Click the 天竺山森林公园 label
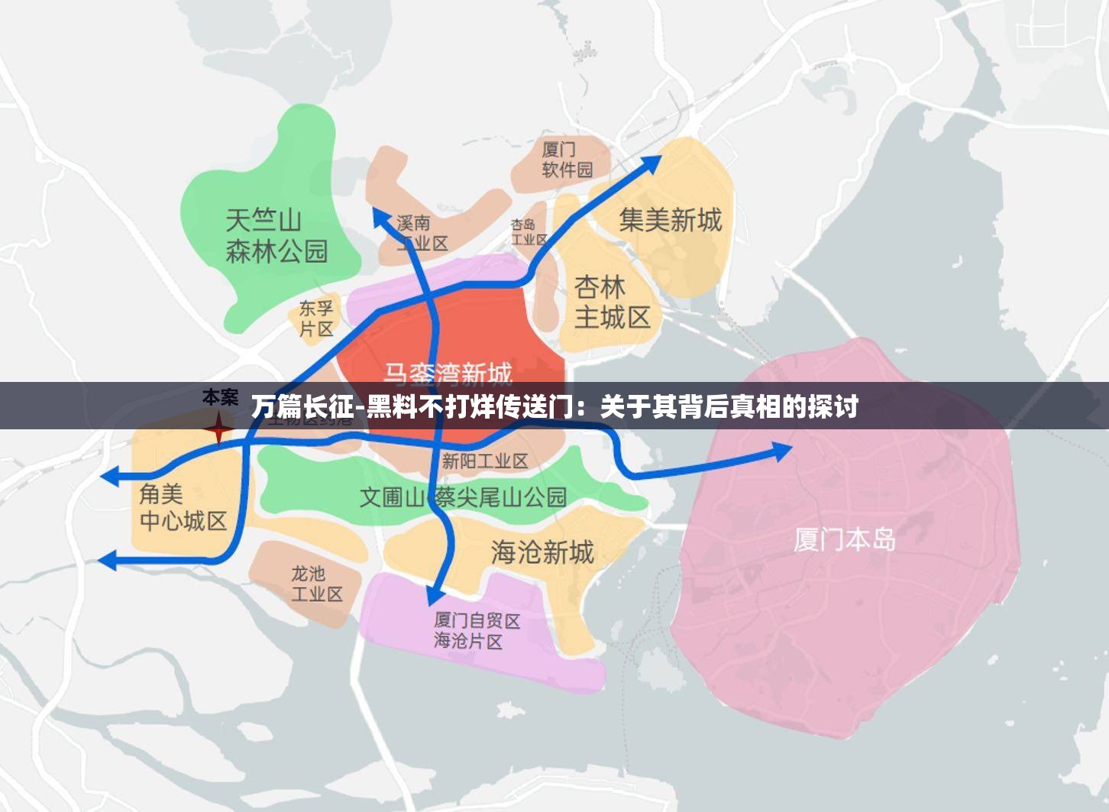pos(276,236)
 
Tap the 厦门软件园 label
pos(567,159)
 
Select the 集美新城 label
pos(670,220)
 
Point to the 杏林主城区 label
pos(612,302)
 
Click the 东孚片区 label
pos(316,319)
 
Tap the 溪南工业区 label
pos(422,233)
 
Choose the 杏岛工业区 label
pos(529,231)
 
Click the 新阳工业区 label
pos(485,461)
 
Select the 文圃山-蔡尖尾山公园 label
pos(463,497)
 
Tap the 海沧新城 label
pos(542,552)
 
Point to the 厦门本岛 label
pos(845,539)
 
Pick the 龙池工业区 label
pos(316,583)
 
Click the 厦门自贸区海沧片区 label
pos(477,631)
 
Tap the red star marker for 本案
pos(218,428)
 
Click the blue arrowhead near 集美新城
pos(651,163)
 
